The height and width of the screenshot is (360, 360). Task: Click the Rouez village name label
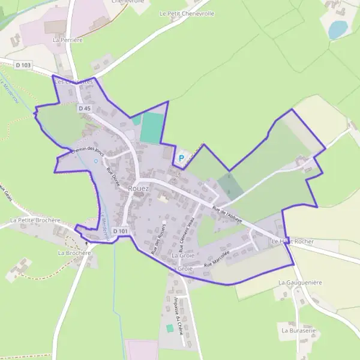tap(139, 188)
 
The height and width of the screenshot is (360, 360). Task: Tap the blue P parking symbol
tap(181, 158)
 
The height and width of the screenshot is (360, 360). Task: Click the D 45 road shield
tap(84, 109)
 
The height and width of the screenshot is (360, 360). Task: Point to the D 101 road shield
tap(120, 231)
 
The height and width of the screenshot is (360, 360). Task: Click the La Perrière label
tap(67, 40)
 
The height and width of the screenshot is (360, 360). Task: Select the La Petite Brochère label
tap(35, 220)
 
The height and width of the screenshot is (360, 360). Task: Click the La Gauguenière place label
tap(301, 281)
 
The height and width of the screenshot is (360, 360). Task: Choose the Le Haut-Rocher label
tap(292, 241)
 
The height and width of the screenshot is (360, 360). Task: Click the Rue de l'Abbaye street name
tap(227, 214)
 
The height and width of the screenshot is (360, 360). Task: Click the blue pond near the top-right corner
tap(338, 29)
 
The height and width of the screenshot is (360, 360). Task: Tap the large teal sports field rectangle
tap(152, 128)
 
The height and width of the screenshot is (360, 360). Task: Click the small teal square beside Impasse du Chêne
tap(170, 328)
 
